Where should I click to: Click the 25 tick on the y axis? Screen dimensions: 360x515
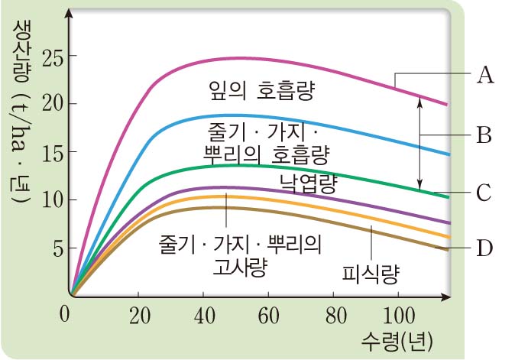(47, 57)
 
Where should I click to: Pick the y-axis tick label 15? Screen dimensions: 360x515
(47, 152)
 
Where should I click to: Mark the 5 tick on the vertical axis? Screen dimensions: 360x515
(52, 248)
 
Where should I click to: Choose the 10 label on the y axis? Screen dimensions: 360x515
(47, 200)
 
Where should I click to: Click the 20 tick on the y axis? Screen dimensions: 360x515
(47, 104)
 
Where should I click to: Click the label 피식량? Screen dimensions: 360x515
(371, 272)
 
